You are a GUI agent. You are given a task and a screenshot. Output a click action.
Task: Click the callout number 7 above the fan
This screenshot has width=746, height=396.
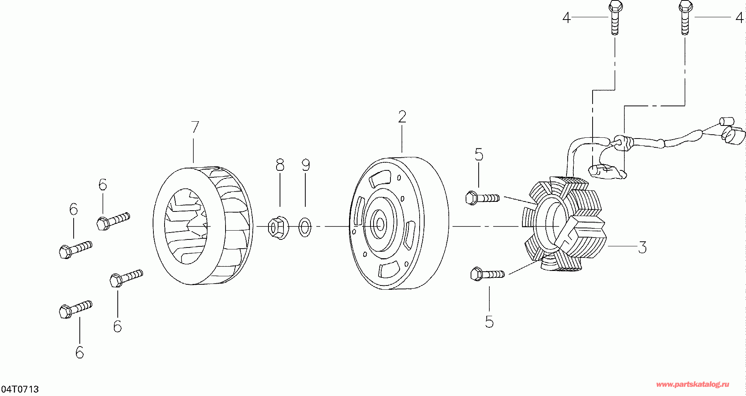195,127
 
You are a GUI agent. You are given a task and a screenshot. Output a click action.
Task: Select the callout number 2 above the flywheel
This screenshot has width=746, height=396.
402,117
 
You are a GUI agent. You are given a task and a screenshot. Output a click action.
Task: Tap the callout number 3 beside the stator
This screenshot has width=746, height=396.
642,247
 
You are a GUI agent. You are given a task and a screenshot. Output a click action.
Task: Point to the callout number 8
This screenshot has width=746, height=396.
280,165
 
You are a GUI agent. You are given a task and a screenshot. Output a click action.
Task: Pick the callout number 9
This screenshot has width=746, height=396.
306,165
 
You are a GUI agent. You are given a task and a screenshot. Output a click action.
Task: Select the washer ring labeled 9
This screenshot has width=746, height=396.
305,227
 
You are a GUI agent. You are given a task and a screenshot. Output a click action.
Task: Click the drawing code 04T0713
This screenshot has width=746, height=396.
20,389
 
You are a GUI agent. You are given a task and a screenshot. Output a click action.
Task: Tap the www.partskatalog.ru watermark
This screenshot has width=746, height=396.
692,384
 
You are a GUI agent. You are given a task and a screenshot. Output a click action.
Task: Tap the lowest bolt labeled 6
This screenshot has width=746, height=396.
76,309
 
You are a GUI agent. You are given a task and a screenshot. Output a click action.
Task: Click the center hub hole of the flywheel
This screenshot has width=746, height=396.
380,224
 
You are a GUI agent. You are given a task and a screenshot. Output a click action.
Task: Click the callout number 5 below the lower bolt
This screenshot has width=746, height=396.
489,322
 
